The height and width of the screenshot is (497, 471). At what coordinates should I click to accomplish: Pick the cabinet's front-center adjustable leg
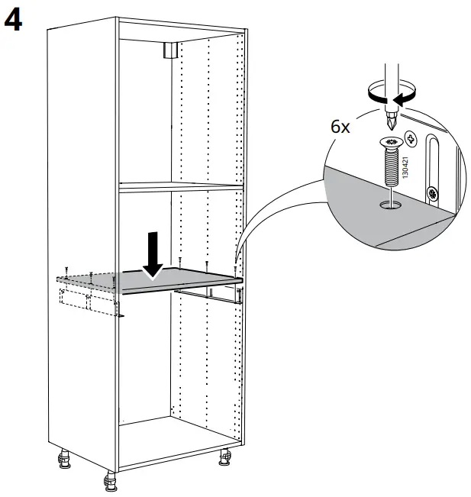[x=108, y=482]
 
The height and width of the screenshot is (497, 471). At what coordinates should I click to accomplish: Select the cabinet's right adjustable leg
[x=226, y=457]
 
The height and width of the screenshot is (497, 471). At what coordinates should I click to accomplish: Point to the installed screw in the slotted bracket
[x=432, y=193]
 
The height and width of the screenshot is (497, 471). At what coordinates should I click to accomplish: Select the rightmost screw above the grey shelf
[x=236, y=269]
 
